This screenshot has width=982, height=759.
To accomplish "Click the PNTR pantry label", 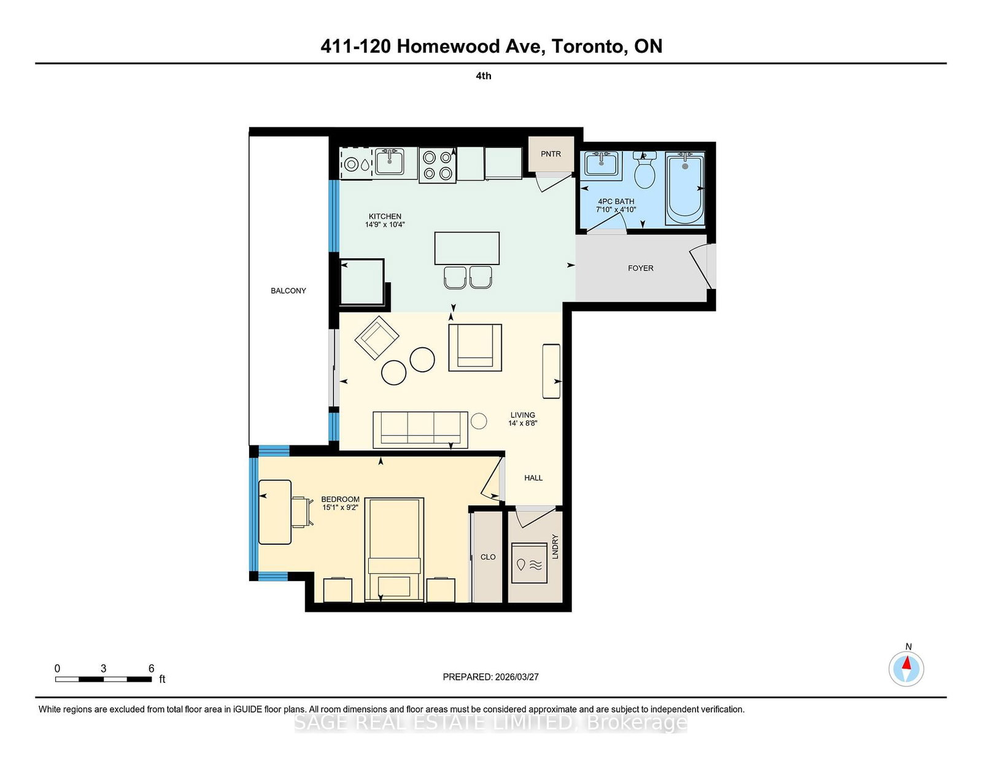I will pyautogui.click(x=551, y=154).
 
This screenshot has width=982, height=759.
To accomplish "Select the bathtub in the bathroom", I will pyautogui.click(x=685, y=189).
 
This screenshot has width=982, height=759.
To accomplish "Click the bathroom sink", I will pyautogui.click(x=602, y=165).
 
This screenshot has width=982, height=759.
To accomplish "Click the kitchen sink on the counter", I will pyautogui.click(x=389, y=163).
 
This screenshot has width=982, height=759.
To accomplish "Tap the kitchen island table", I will pyautogui.click(x=466, y=248).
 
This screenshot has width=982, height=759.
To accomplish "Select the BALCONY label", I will pyautogui.click(x=288, y=291).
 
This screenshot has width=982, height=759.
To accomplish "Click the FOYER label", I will pyautogui.click(x=640, y=268).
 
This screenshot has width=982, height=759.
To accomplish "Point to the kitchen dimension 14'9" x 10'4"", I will pyautogui.click(x=385, y=225).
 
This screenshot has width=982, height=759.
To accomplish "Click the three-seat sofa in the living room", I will pyautogui.click(x=420, y=429).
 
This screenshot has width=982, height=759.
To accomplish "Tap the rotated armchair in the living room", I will pyautogui.click(x=376, y=337).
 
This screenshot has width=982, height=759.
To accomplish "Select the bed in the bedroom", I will pyautogui.click(x=394, y=550).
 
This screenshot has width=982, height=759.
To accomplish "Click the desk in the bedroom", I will pyautogui.click(x=274, y=512).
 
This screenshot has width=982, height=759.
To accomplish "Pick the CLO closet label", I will pyautogui.click(x=488, y=557).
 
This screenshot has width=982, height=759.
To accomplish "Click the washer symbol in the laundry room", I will pyautogui.click(x=529, y=563).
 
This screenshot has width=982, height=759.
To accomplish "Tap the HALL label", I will pyautogui.click(x=533, y=478).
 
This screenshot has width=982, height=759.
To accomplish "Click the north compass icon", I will pyautogui.click(x=906, y=668).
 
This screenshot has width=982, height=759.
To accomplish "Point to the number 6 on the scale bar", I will pyautogui.click(x=151, y=669).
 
